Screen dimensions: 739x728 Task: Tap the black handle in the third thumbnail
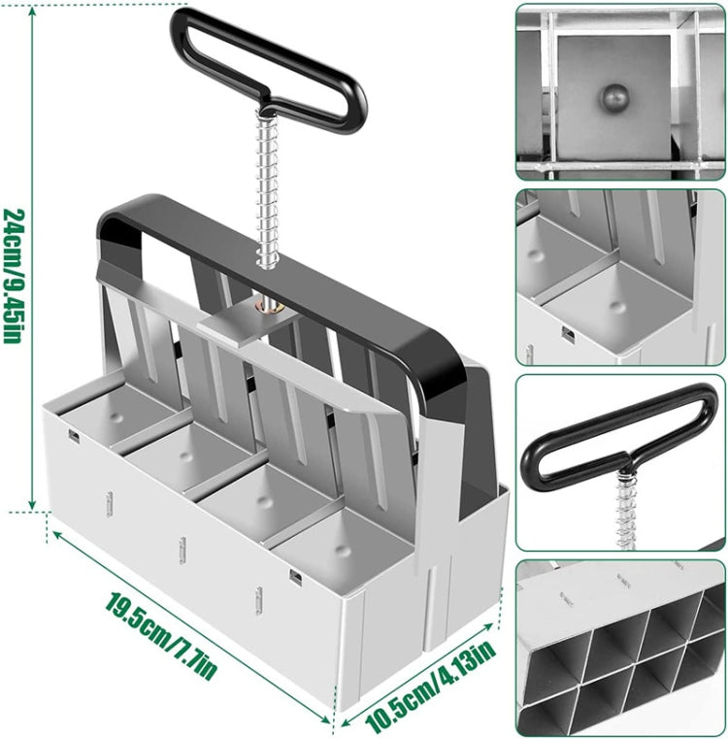(621, 432)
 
